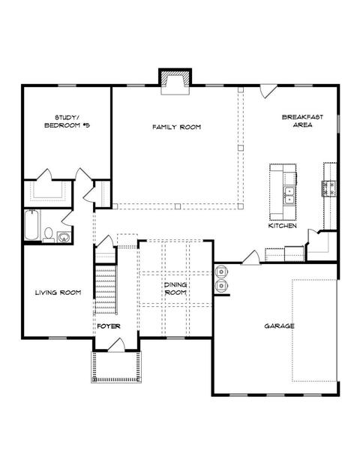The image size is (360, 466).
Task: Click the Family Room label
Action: coord(177,128)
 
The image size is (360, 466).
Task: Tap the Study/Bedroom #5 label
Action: coord(67,122)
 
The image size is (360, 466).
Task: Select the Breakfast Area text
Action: coord(302,121)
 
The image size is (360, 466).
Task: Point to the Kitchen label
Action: coord(283,226)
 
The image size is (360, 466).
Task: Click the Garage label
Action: coord(279,326)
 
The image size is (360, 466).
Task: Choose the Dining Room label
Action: coord(175,289)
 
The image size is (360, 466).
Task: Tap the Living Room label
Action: coord(58,293)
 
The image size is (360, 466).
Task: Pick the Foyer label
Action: coord(109,326)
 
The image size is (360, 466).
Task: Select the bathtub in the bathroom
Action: coord(31,225)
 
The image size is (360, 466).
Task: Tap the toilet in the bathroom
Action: coord(49,234)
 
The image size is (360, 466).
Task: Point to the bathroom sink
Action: coord(64,237)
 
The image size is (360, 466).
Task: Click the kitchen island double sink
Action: coord(289,195)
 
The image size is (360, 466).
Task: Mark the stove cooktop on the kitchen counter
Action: coord(328,188)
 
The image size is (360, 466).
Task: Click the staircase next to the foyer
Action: coord(106,290)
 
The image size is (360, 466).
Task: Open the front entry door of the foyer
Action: coord(116,345)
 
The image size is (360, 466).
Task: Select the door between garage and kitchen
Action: coord(250,257)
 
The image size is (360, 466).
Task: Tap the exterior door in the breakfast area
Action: coord(268,91)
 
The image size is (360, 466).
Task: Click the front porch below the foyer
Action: coord(116,367)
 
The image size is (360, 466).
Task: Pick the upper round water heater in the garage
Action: coord(221,272)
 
